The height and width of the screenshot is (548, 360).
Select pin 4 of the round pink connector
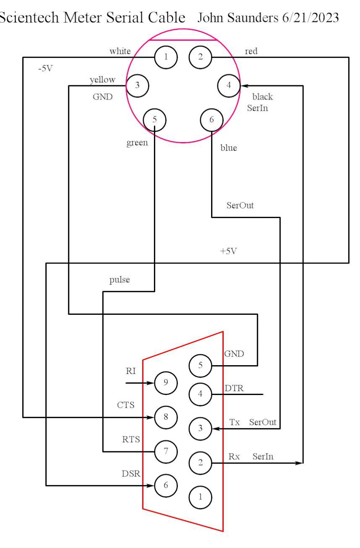229,85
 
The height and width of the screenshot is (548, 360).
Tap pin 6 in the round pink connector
212,119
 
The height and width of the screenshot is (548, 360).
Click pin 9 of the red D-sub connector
166,382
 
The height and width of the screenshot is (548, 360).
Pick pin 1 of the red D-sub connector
200,496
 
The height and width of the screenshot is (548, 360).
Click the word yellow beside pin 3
103,80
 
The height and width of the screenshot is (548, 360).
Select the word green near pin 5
137,142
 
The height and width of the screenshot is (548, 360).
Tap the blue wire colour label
228,148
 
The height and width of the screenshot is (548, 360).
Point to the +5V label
228,251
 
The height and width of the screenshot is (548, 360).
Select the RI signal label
130,372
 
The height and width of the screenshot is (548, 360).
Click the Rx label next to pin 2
234,456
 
